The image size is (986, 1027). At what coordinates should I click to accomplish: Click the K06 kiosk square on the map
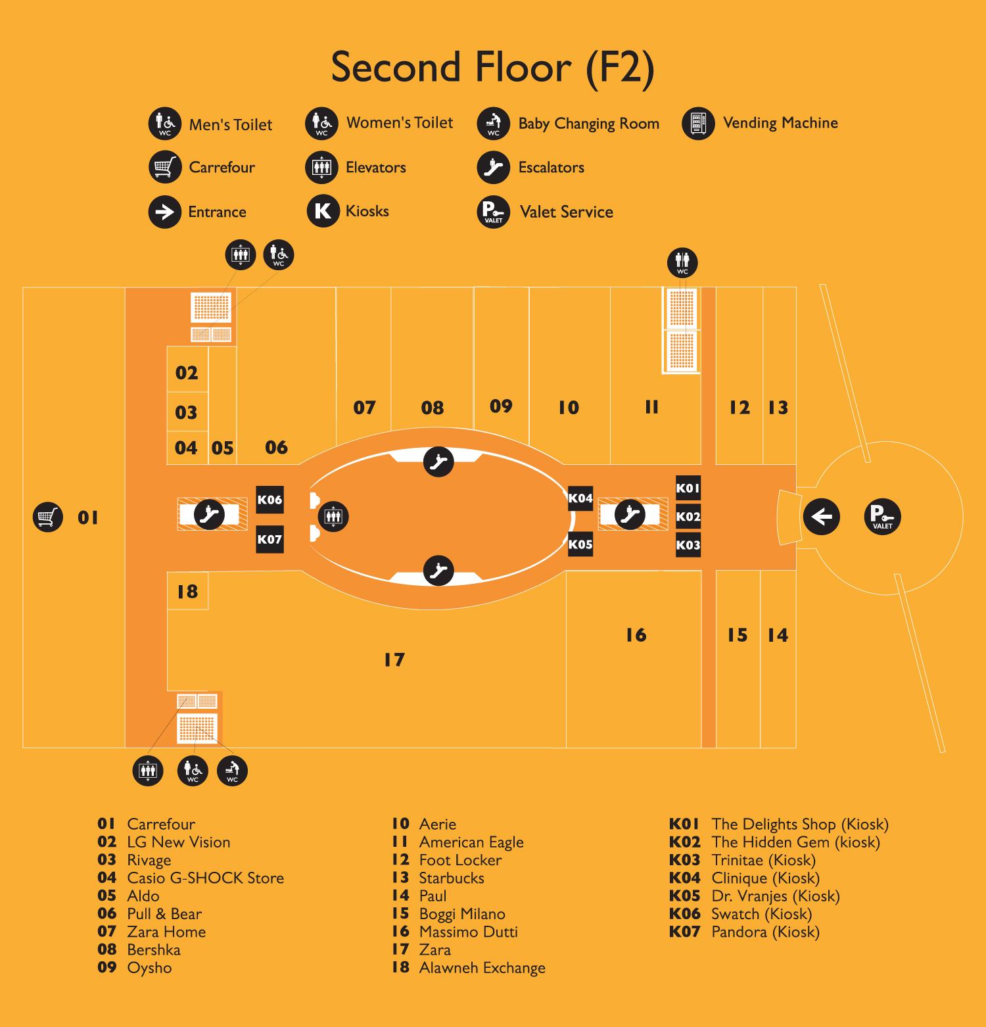coord(270,500)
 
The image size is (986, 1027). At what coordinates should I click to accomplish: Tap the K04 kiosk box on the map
coord(580,498)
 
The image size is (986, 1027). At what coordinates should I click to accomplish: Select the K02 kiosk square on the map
coord(688,517)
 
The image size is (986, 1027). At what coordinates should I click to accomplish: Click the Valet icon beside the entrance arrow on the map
coord(882,517)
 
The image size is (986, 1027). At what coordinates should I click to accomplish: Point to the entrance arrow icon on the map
coord(822,517)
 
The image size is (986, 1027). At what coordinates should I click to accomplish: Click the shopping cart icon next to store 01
coord(47,517)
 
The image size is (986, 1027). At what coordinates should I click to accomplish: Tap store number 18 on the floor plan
coord(187,592)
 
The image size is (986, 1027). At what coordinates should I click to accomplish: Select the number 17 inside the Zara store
coord(394,659)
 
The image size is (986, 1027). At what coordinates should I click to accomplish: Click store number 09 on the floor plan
coord(501,406)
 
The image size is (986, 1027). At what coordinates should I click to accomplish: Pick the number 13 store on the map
coord(778,408)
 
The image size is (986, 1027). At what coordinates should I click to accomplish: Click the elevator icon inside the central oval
coord(333,517)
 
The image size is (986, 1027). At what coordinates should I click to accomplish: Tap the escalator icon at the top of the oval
coord(438,462)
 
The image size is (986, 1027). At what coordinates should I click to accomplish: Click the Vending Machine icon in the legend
coord(698,124)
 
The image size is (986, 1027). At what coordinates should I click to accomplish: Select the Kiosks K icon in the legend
coord(323,211)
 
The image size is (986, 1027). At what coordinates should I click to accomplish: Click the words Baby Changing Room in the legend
coord(588,124)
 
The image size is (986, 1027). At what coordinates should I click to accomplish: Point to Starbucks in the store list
coord(451,878)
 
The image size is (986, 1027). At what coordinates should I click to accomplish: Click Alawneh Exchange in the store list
coord(482,968)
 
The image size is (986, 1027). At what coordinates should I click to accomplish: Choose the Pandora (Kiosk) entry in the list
coord(765,932)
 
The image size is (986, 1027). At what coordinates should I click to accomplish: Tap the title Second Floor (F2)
coord(492,67)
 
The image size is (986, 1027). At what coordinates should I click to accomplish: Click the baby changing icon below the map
coord(232,770)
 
